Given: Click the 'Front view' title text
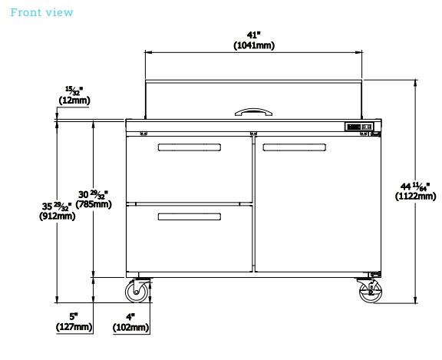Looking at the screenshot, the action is (x=41, y=12).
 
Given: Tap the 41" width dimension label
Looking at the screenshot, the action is (x=254, y=35).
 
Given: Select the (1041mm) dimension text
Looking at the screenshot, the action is (x=254, y=45).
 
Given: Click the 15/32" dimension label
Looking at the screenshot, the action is (x=74, y=91).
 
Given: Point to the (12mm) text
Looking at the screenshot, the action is (x=74, y=101).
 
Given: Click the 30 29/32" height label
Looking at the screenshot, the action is (x=93, y=194).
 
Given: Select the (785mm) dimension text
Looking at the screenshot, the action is (x=94, y=204).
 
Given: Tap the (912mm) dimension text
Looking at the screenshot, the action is (x=58, y=216).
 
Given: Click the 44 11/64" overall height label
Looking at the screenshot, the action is (x=415, y=187).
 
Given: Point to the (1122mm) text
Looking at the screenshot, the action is (x=415, y=197).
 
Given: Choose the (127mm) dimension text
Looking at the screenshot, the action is (x=74, y=327).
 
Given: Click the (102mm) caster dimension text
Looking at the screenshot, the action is (x=130, y=328).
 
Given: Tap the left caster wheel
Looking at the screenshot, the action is (x=137, y=292).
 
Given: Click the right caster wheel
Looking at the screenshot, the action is (x=371, y=292).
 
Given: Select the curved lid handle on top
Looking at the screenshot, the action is (x=253, y=112).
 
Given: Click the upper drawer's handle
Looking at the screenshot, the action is (x=189, y=147).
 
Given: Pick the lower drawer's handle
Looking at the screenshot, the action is (x=189, y=216).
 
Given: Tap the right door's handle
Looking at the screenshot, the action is (x=295, y=147).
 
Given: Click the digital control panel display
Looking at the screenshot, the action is (x=354, y=127).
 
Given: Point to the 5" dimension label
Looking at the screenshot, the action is (x=74, y=316).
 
